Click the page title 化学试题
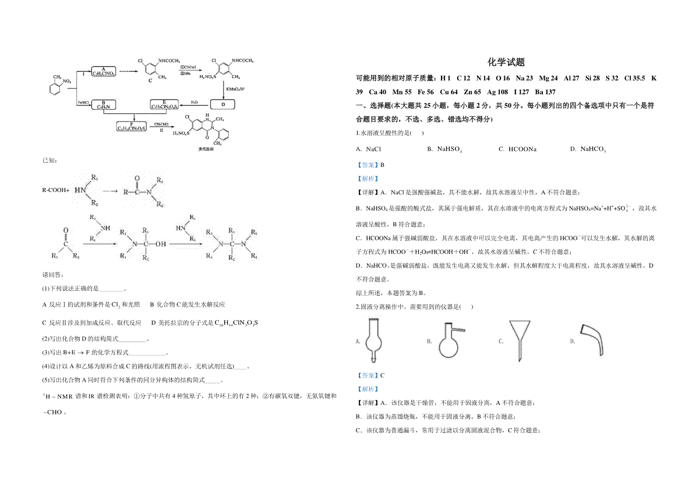coord(506,62)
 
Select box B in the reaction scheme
coord(103,104)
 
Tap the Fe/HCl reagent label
coord(83,102)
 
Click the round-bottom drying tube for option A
coord(373,340)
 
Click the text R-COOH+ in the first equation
coord(55,190)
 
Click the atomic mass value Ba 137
coord(542,92)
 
